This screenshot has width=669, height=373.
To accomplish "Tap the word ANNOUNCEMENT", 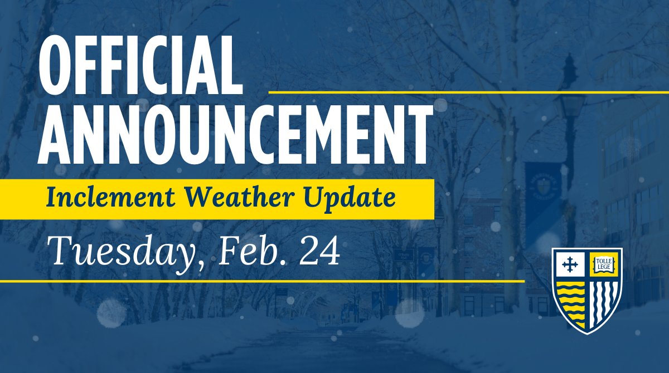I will tap(237, 132).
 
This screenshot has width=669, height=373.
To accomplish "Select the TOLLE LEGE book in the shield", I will tap(604, 263).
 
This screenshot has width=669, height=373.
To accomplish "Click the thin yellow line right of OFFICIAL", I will tap(468, 91).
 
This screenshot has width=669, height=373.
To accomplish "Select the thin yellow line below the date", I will tap(262, 281).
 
